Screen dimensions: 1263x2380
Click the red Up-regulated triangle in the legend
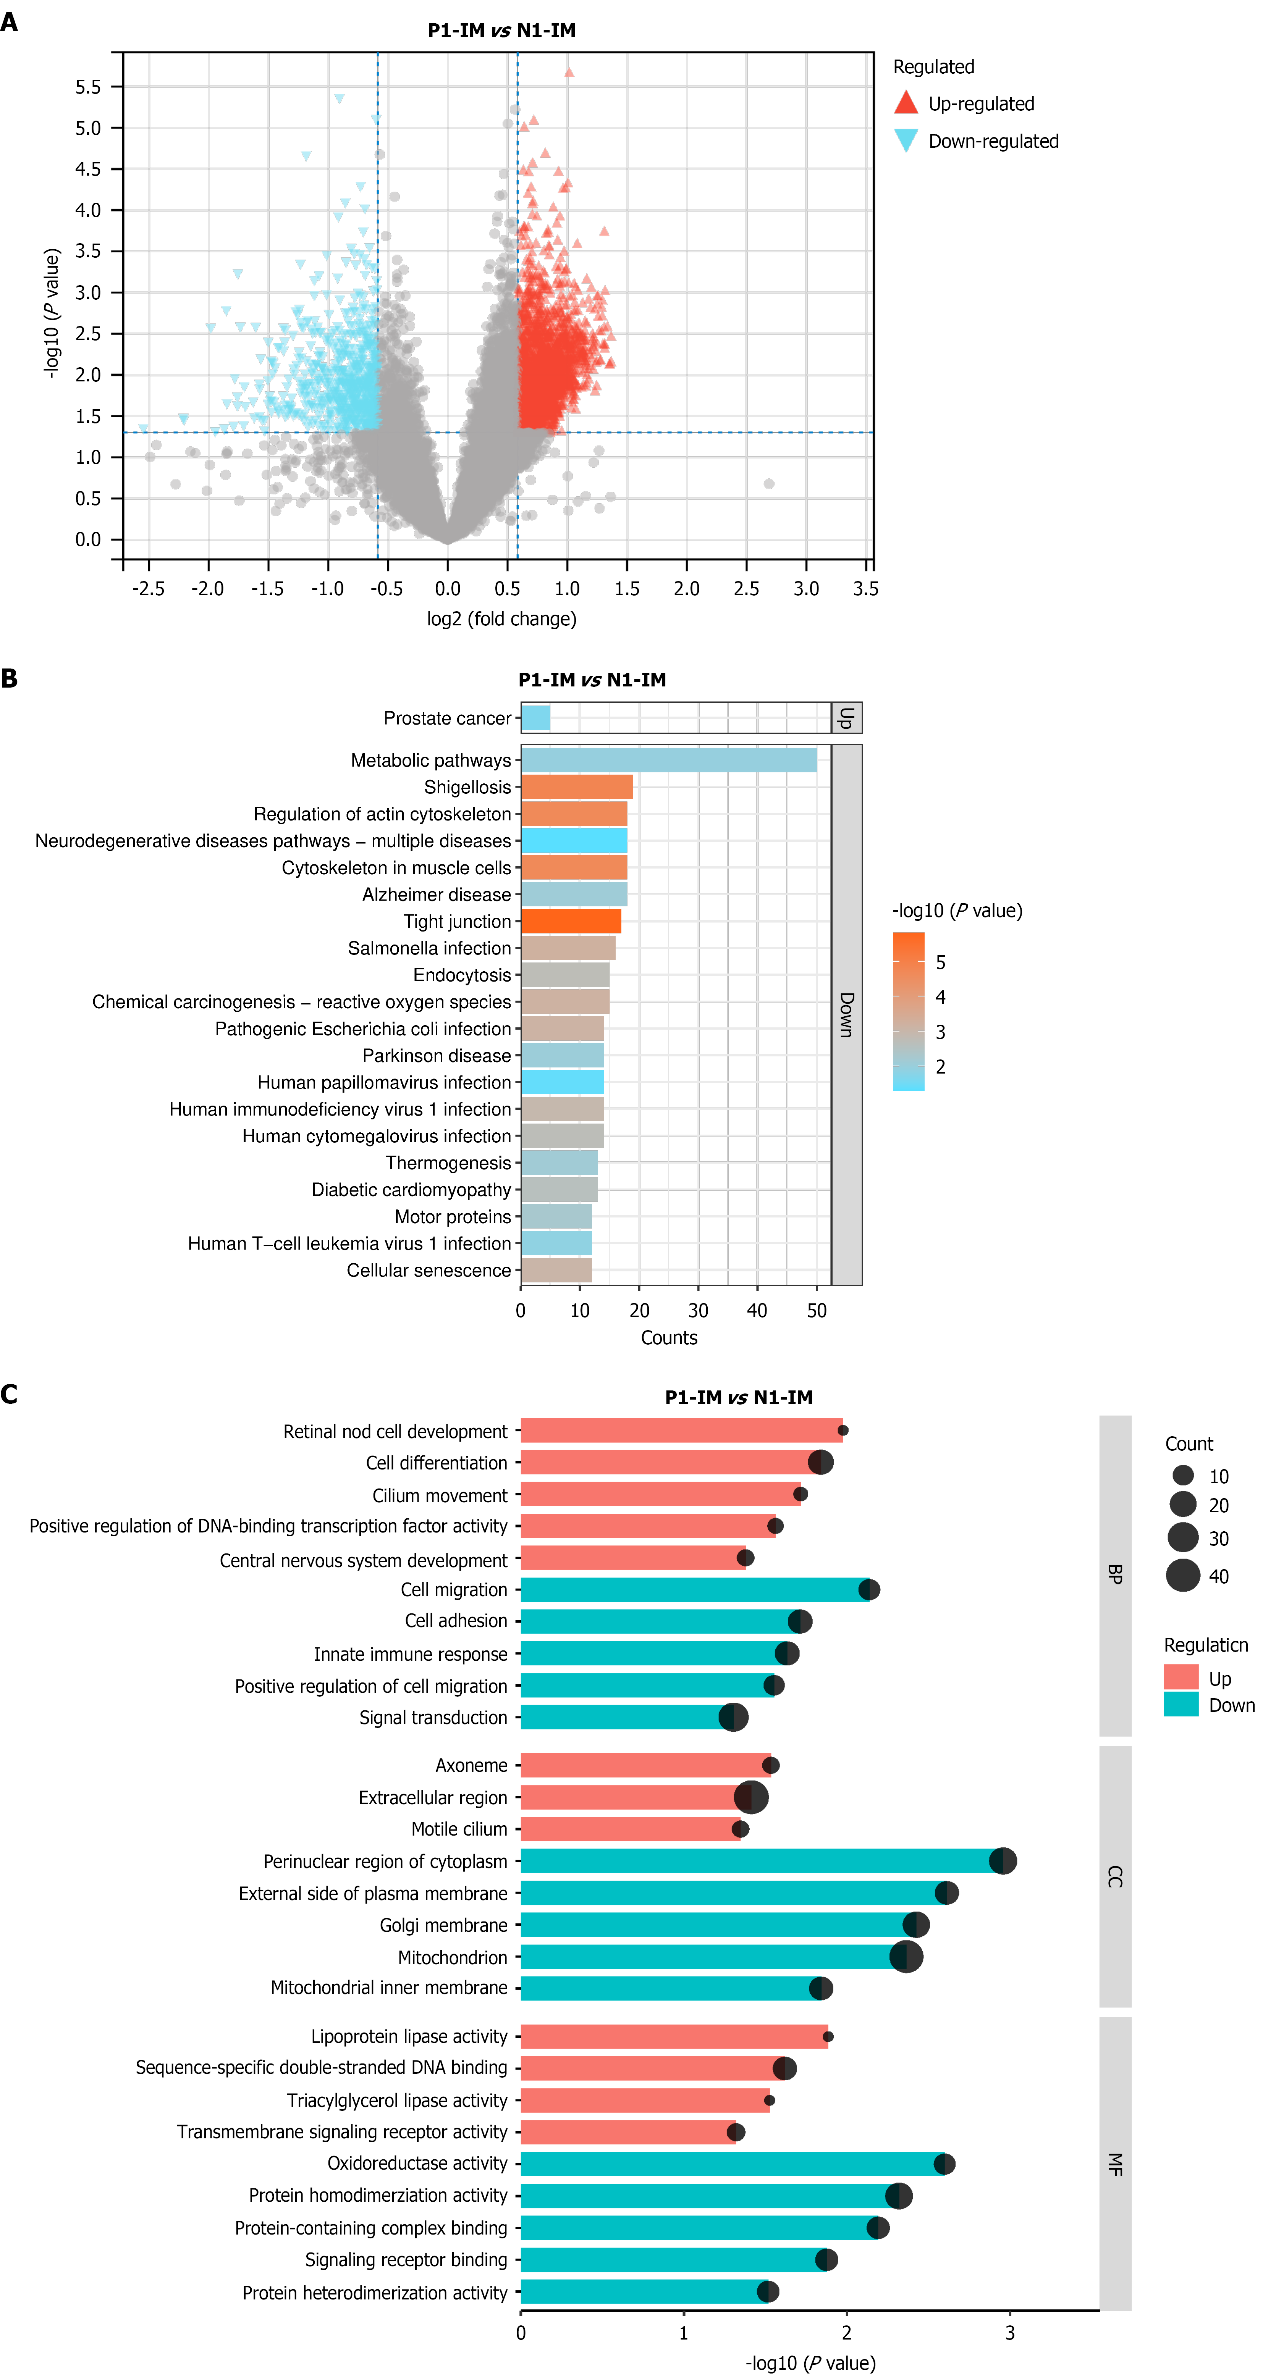[x=906, y=103]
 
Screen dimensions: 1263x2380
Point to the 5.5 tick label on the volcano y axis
[x=89, y=87]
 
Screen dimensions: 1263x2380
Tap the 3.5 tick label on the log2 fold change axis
[x=866, y=589]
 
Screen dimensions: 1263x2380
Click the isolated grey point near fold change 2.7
[x=769, y=483]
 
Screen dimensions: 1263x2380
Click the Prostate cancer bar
[x=536, y=718]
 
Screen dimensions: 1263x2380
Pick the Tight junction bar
[x=571, y=921]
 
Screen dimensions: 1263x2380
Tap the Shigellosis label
[x=467, y=787]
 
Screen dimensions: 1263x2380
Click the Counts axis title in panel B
[x=669, y=1338]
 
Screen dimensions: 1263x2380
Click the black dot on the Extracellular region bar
[x=751, y=1797]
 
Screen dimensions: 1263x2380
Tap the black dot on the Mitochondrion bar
[x=906, y=1957]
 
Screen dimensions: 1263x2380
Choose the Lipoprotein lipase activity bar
[x=674, y=2036]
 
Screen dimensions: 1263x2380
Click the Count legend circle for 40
[x=1183, y=1575]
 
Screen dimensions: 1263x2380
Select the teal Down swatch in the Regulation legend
[x=1181, y=1705]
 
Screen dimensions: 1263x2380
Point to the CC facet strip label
[x=1115, y=1876]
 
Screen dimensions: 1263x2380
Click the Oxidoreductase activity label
[x=417, y=2164]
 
